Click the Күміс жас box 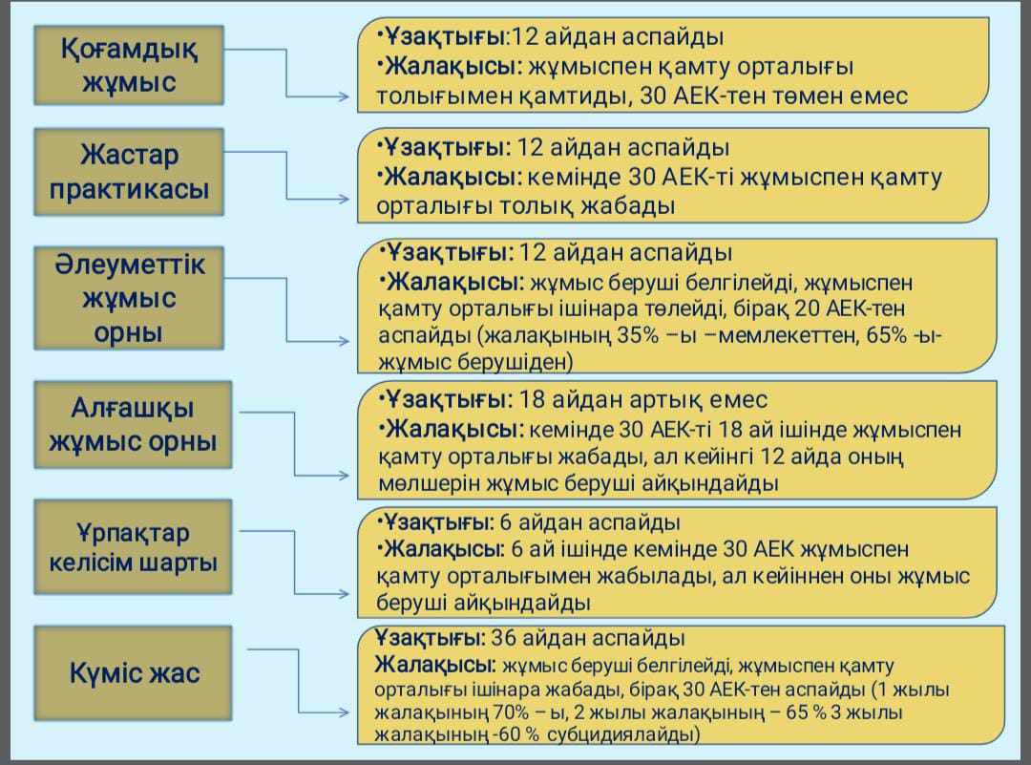135,672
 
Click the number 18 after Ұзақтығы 527,399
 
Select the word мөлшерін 424,483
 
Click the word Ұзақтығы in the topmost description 445,37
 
